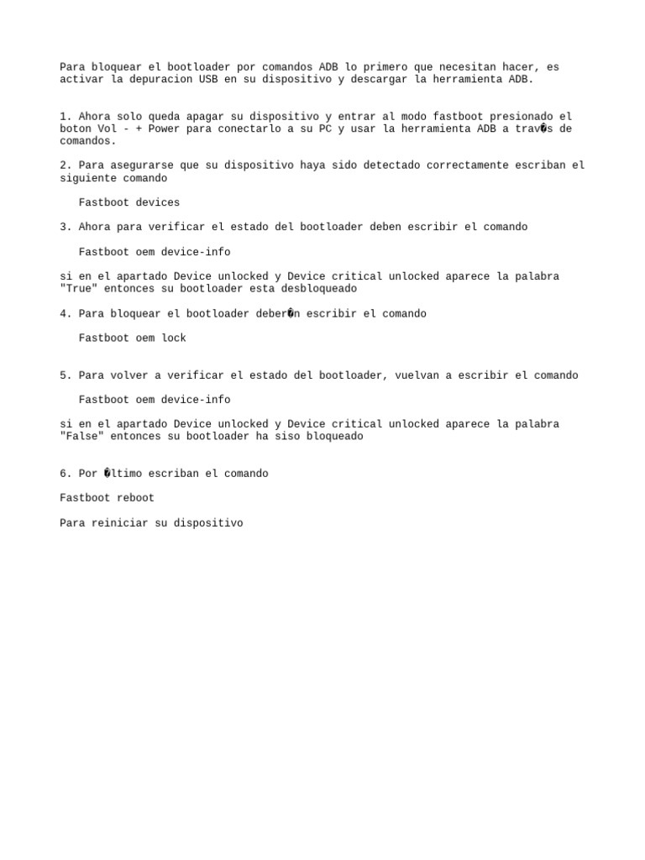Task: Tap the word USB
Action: pyautogui.click(x=208, y=80)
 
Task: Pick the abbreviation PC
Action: pyautogui.click(x=325, y=129)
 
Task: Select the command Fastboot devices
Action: pyautogui.click(x=129, y=202)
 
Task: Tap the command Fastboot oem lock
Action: pyautogui.click(x=133, y=338)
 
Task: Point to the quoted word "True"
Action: pyautogui.click(x=79, y=289)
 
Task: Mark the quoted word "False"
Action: pyautogui.click(x=82, y=437)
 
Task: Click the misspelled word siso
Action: pyautogui.click(x=287, y=437)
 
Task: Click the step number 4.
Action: pyautogui.click(x=64, y=314)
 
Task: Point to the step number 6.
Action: pyautogui.click(x=64, y=474)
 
